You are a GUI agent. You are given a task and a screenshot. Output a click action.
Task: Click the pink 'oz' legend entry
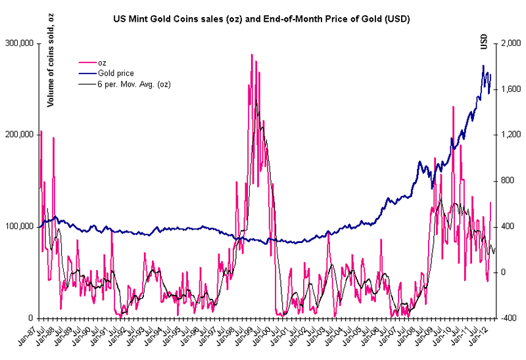tap(102, 63)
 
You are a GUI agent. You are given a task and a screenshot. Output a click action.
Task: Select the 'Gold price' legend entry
tap(116, 74)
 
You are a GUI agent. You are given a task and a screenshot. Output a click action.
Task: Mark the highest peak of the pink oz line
tap(251, 55)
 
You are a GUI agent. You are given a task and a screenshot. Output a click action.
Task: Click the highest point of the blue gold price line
tap(483, 66)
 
